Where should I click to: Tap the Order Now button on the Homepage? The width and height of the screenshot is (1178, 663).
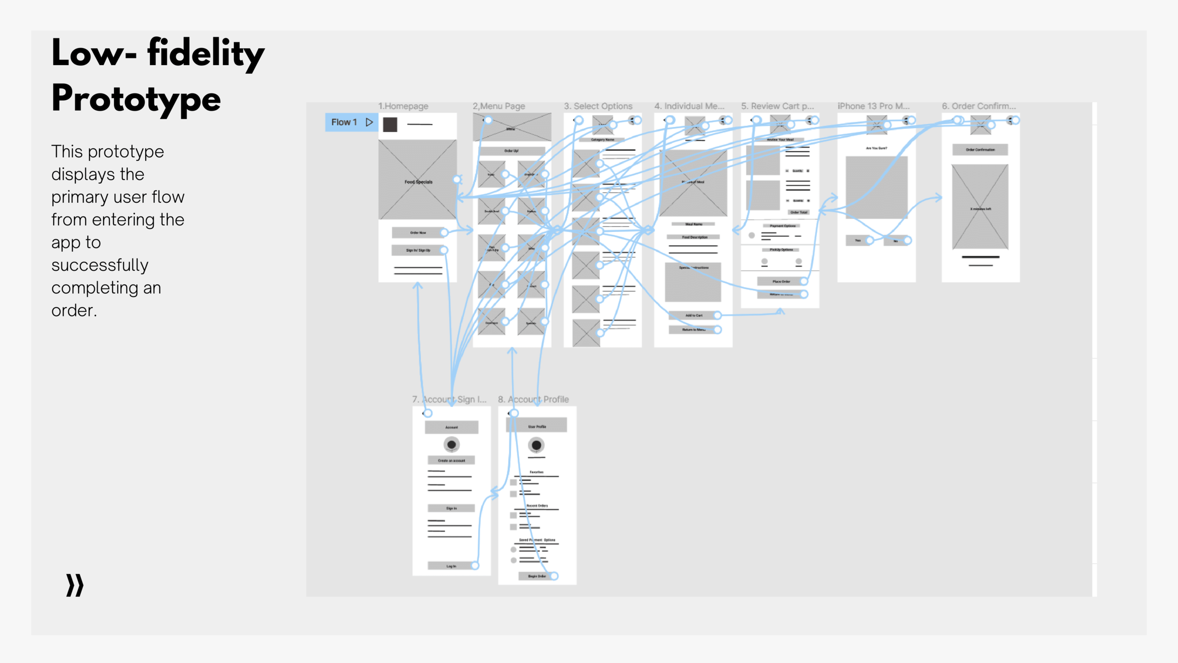(418, 232)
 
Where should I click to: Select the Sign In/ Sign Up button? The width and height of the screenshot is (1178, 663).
(418, 250)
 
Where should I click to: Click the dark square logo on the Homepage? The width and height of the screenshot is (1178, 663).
(390, 124)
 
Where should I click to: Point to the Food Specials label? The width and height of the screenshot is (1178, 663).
(418, 182)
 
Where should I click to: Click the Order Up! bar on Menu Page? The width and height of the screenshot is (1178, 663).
(512, 151)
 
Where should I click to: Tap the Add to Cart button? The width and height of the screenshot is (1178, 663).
(694, 315)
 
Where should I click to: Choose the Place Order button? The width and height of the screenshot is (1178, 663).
(781, 282)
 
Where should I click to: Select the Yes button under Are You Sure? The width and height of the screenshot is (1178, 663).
(858, 240)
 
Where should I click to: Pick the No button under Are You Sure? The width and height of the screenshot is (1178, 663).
(895, 241)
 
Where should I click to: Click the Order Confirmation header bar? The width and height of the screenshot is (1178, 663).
(980, 150)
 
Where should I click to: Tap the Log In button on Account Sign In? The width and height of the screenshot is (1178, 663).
(451, 566)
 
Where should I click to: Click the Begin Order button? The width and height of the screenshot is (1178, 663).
(537, 576)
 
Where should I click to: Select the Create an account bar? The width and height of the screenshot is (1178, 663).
(451, 460)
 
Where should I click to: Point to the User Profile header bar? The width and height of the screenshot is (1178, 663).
(537, 426)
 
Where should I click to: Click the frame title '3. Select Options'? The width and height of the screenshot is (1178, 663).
(598, 106)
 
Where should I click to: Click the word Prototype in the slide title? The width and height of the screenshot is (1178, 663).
(136, 99)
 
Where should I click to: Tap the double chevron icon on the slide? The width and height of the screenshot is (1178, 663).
(75, 585)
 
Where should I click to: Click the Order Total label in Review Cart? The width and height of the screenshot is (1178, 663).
(799, 212)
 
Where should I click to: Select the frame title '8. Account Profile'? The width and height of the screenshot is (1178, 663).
(533, 399)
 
